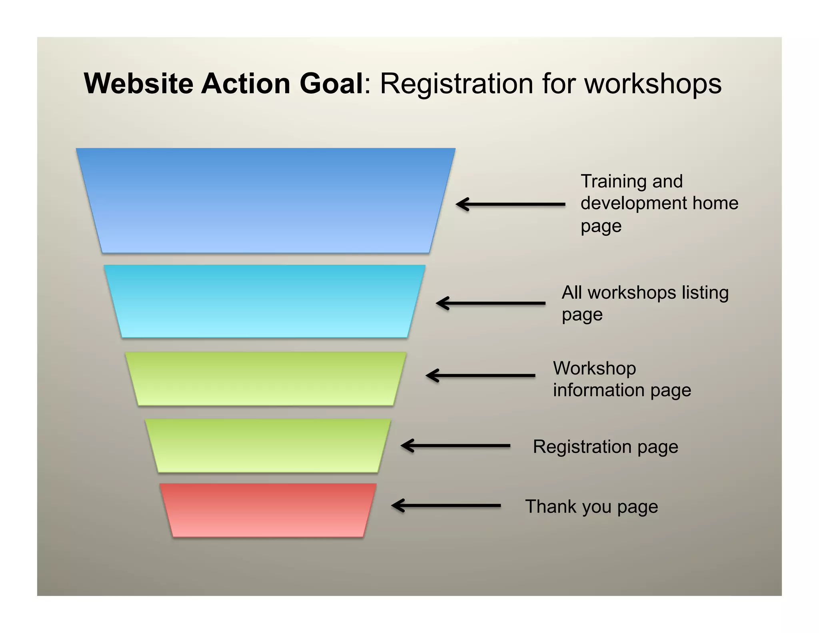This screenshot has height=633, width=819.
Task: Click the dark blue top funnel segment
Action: click(x=266, y=200)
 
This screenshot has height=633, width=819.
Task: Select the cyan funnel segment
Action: click(x=264, y=301)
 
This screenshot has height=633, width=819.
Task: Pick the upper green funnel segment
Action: click(x=266, y=379)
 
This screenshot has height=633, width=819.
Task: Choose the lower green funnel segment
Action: click(x=268, y=445)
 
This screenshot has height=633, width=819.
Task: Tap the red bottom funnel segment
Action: click(x=268, y=510)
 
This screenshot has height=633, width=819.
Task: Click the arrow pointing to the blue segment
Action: click(x=510, y=204)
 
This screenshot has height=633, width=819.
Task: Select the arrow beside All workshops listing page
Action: click(x=490, y=303)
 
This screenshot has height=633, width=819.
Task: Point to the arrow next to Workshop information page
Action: click(x=480, y=375)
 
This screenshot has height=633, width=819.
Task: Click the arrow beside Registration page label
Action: click(x=455, y=445)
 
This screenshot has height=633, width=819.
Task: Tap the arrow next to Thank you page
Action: click(x=446, y=505)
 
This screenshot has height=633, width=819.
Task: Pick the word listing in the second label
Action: click(x=705, y=292)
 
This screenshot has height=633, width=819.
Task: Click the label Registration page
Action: click(x=605, y=447)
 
